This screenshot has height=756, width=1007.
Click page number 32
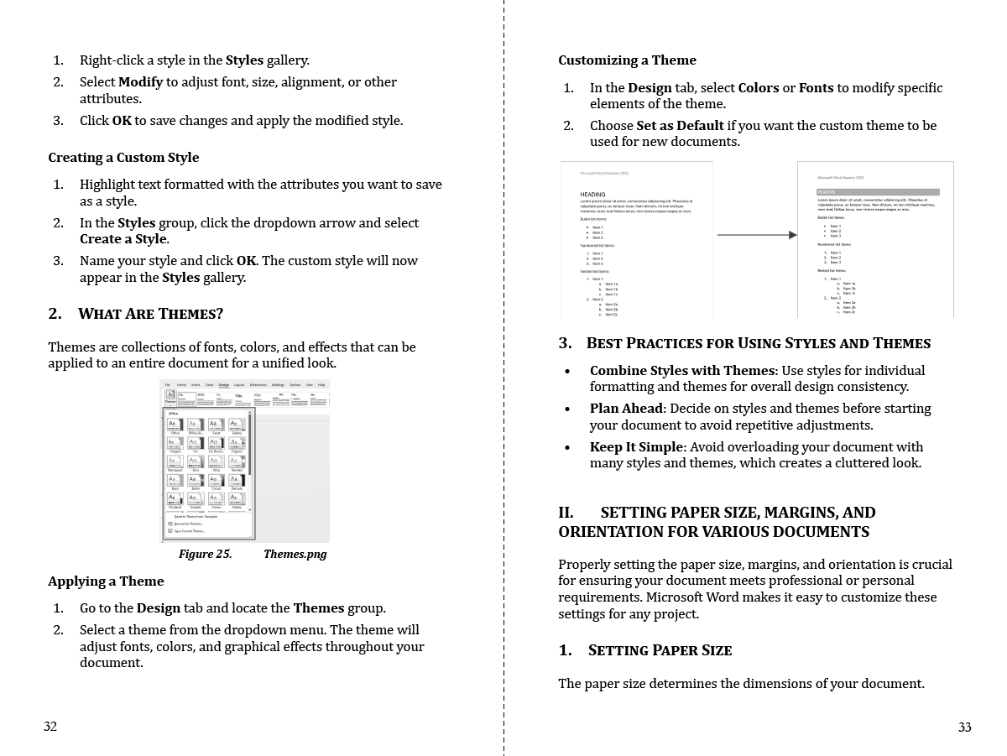50,727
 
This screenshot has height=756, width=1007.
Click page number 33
964,727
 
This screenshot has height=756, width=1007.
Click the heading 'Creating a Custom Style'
123,158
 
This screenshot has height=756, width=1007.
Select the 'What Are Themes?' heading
150,314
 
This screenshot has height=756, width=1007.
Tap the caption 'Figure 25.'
205,555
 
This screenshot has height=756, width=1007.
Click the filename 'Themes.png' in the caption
295,555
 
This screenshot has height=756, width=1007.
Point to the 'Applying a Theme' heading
106,581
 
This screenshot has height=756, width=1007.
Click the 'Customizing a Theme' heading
627,60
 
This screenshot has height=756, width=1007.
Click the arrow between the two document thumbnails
756,235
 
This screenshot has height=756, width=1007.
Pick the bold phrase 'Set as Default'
680,126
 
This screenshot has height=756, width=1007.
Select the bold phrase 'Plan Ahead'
626,409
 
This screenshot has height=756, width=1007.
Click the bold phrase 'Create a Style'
123,239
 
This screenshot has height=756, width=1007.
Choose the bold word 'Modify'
140,82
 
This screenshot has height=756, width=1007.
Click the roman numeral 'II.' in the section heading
566,513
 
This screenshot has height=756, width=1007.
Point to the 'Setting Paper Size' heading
660,650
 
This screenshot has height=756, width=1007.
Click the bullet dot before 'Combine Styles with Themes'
568,372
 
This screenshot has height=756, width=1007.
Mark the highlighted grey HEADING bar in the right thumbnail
878,192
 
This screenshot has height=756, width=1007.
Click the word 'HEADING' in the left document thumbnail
592,195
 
